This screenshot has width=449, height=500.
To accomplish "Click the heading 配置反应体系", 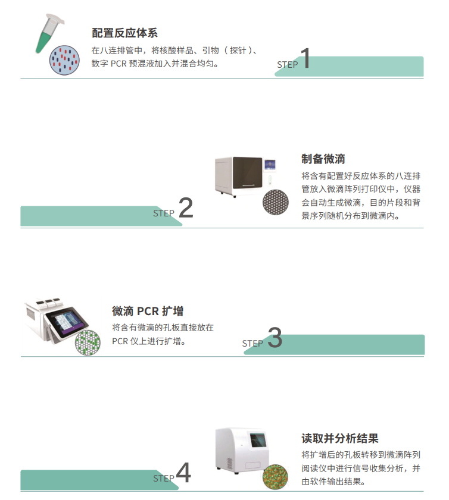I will tap(124, 33).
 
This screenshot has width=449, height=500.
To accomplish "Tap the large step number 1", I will tap(304, 59).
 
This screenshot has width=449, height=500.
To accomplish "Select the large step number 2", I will tap(185, 209).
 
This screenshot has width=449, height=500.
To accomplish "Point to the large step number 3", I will tap(274, 338).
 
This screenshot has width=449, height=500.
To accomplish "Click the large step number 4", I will tap(183, 474).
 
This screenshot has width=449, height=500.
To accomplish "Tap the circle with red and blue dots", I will tap(65, 60).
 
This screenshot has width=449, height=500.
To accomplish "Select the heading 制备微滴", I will tap(323, 159).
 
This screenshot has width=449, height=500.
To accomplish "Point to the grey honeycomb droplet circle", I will tap(276, 201).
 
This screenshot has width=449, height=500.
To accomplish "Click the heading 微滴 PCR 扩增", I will tap(148, 311).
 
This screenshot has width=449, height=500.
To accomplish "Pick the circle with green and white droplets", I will tap(87, 343).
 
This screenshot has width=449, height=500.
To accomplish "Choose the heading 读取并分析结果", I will tap(340, 439).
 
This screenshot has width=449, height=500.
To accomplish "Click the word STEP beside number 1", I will tap(287, 65).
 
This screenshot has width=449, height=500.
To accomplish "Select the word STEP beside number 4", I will tap(164, 478).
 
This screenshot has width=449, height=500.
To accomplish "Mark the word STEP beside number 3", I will tap(252, 344).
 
